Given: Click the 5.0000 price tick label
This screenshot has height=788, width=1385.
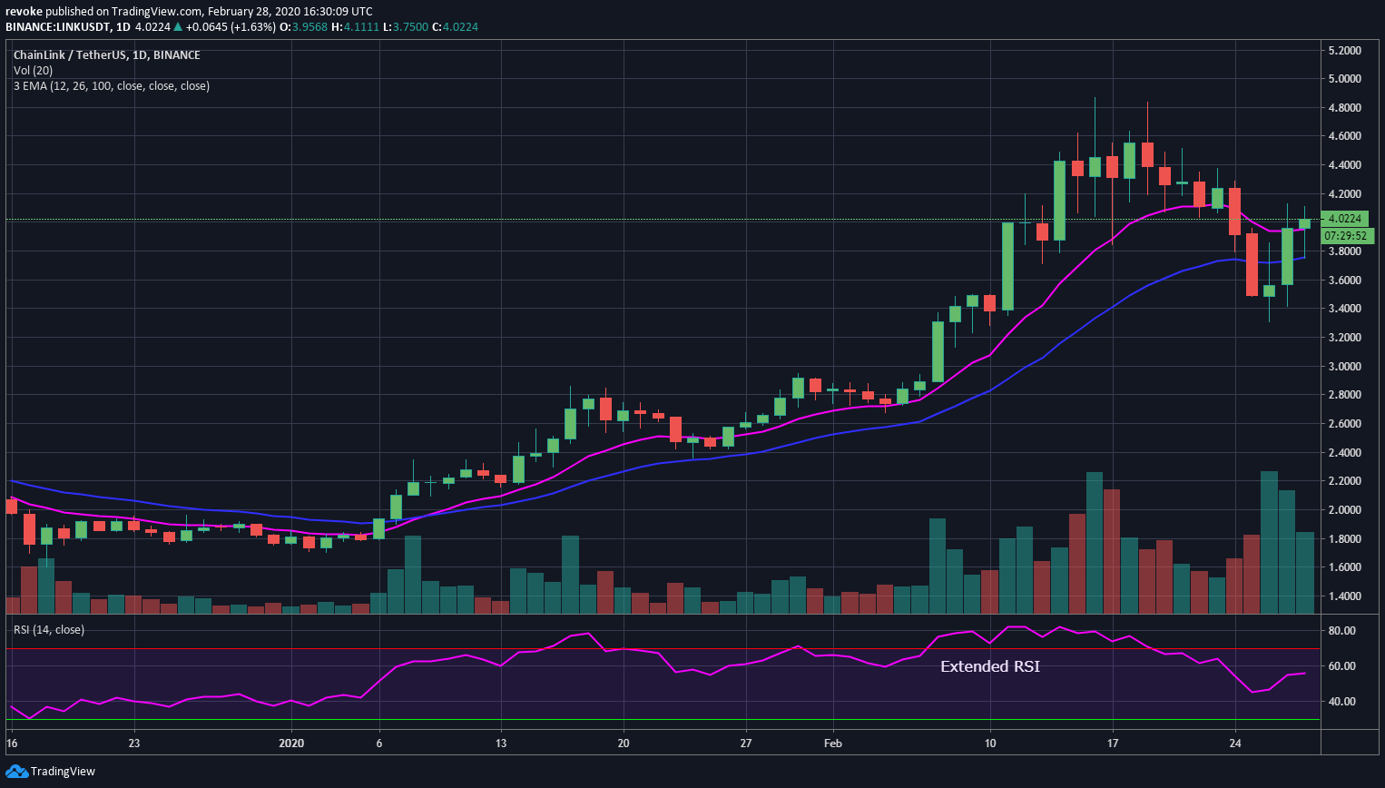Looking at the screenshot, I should coord(1343,79).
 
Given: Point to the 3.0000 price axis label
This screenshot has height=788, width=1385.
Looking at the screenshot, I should coord(1343,367).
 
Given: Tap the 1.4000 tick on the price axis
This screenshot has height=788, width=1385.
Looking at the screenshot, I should coord(1343,596).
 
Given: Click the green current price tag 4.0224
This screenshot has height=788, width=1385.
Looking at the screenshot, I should coord(1344,219).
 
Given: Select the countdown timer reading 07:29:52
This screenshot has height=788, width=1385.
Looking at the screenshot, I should coord(1344,236).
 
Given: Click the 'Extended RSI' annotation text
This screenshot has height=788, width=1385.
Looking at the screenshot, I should coord(989,666).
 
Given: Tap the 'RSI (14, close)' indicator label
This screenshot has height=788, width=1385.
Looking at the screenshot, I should coord(49,630).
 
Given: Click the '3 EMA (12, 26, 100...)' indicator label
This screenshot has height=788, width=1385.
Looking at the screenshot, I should coord(112,86).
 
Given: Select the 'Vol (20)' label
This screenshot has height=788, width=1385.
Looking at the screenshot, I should coord(34,71).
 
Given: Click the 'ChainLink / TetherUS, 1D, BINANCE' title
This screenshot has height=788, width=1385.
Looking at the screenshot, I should coord(107,55).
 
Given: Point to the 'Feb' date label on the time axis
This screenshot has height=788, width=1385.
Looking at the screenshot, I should coord(832,744).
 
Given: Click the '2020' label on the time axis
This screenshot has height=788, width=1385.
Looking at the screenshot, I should coord(291,744).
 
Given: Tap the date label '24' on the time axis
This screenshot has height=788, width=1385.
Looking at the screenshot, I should coord(1235,744).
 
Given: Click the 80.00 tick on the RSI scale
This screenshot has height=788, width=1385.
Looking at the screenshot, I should coord(1341,631).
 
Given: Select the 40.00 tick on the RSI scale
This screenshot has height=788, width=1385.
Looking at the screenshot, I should coord(1341,702).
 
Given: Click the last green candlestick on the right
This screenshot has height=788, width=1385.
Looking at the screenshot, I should coord(1304,223).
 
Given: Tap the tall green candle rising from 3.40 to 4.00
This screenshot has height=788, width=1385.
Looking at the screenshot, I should coord(1007,267).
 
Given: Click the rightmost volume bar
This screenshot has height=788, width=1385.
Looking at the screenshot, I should coord(1305,573).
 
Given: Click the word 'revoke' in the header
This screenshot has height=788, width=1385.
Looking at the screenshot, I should coord(24,12).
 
